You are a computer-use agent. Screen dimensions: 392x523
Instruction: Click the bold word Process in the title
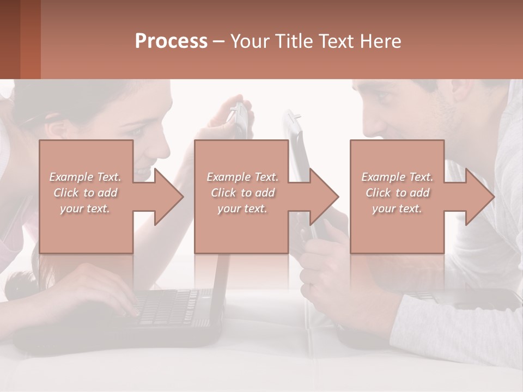coord(171,41)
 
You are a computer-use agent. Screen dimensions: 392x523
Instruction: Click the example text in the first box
coord(85,193)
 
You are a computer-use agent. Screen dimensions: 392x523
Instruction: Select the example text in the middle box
coord(242,193)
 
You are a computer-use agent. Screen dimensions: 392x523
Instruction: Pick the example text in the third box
coord(397,193)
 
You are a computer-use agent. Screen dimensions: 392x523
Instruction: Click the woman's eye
coord(136,131)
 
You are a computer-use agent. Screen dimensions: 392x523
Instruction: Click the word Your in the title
coord(248,41)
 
